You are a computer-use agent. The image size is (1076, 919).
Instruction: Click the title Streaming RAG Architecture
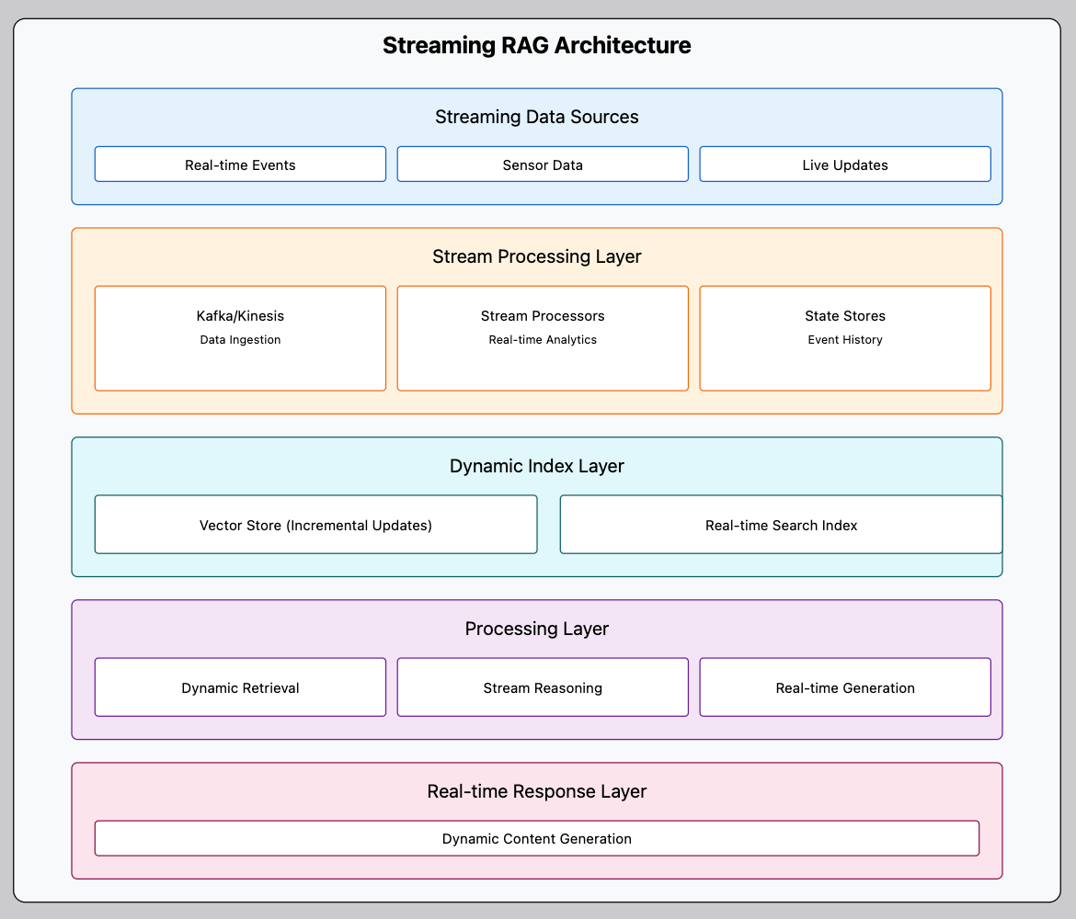[537, 45]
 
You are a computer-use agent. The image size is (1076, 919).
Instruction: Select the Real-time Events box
[240, 165]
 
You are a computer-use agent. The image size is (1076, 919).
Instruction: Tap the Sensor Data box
[543, 165]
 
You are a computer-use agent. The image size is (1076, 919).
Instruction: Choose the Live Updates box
[845, 165]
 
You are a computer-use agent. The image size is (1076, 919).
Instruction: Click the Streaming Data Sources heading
[537, 117]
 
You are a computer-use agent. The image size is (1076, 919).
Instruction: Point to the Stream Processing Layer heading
[537, 256]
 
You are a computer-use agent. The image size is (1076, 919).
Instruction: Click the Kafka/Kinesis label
[240, 315]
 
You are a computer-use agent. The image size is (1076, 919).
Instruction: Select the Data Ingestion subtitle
[240, 340]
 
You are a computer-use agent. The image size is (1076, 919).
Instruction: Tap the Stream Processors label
[543, 315]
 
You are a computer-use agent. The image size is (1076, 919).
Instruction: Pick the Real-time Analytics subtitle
[543, 340]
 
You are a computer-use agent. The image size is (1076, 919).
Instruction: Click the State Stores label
[845, 315]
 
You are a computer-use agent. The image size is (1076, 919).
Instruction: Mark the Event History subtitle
[845, 340]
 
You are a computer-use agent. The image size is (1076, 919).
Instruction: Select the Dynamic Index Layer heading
[537, 466]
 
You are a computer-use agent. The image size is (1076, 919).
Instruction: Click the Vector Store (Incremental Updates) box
[315, 525]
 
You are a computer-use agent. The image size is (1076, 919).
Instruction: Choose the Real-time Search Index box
[781, 525]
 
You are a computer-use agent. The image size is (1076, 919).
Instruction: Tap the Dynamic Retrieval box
[240, 687]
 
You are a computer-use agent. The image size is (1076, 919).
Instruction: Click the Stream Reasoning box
[543, 687]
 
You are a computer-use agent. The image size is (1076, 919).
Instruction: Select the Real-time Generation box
[845, 687]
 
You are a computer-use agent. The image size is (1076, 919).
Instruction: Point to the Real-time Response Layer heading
[537, 791]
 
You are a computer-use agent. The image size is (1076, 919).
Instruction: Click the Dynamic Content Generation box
[537, 838]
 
